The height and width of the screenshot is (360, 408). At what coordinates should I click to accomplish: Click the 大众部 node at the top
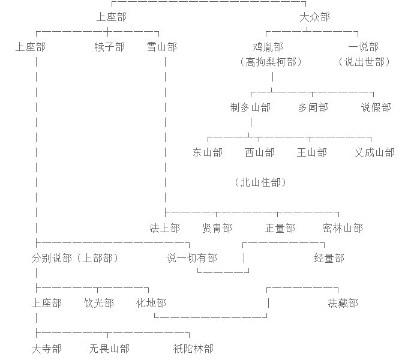[x=314, y=17]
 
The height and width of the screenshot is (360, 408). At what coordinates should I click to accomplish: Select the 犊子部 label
[x=110, y=47]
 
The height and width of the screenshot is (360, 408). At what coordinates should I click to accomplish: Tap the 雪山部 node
[x=162, y=47]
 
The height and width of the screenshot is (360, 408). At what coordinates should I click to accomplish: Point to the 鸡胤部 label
[x=268, y=47]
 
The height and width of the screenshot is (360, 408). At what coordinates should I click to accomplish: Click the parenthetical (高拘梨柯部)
[x=271, y=62]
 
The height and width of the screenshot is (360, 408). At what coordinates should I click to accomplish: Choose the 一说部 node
[x=363, y=47]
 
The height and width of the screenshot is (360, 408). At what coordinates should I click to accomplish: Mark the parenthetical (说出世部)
[x=364, y=62]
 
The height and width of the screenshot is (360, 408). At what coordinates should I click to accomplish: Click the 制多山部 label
[x=250, y=107]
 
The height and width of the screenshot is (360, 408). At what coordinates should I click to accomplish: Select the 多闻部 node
[x=313, y=107]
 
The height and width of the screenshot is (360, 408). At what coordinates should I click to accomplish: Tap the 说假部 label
[x=376, y=107]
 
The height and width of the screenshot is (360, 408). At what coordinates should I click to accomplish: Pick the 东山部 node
[x=208, y=152]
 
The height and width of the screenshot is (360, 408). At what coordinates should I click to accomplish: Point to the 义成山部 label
[x=374, y=152]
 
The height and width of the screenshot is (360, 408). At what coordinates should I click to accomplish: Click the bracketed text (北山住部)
[x=260, y=182]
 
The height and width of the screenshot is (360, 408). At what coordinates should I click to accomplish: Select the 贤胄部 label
[x=217, y=228]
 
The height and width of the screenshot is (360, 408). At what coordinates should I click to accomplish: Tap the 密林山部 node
[x=343, y=228]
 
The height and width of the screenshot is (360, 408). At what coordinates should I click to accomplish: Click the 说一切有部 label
[x=192, y=258]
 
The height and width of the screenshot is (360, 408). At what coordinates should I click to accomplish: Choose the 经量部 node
[x=329, y=258]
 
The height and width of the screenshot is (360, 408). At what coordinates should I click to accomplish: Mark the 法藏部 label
[x=343, y=303]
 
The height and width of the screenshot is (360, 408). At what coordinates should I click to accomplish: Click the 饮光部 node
[x=99, y=303]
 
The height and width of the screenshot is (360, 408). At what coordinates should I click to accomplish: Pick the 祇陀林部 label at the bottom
[x=193, y=349]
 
